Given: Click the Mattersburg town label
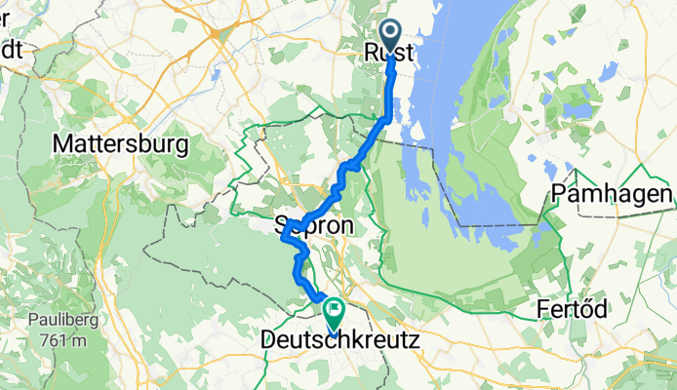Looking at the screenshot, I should [120, 144].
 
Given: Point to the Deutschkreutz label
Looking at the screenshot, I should [341, 342].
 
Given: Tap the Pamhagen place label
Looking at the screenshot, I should [612, 194].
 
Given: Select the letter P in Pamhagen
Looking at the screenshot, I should [558, 194].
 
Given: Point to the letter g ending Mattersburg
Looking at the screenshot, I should [181, 146].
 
